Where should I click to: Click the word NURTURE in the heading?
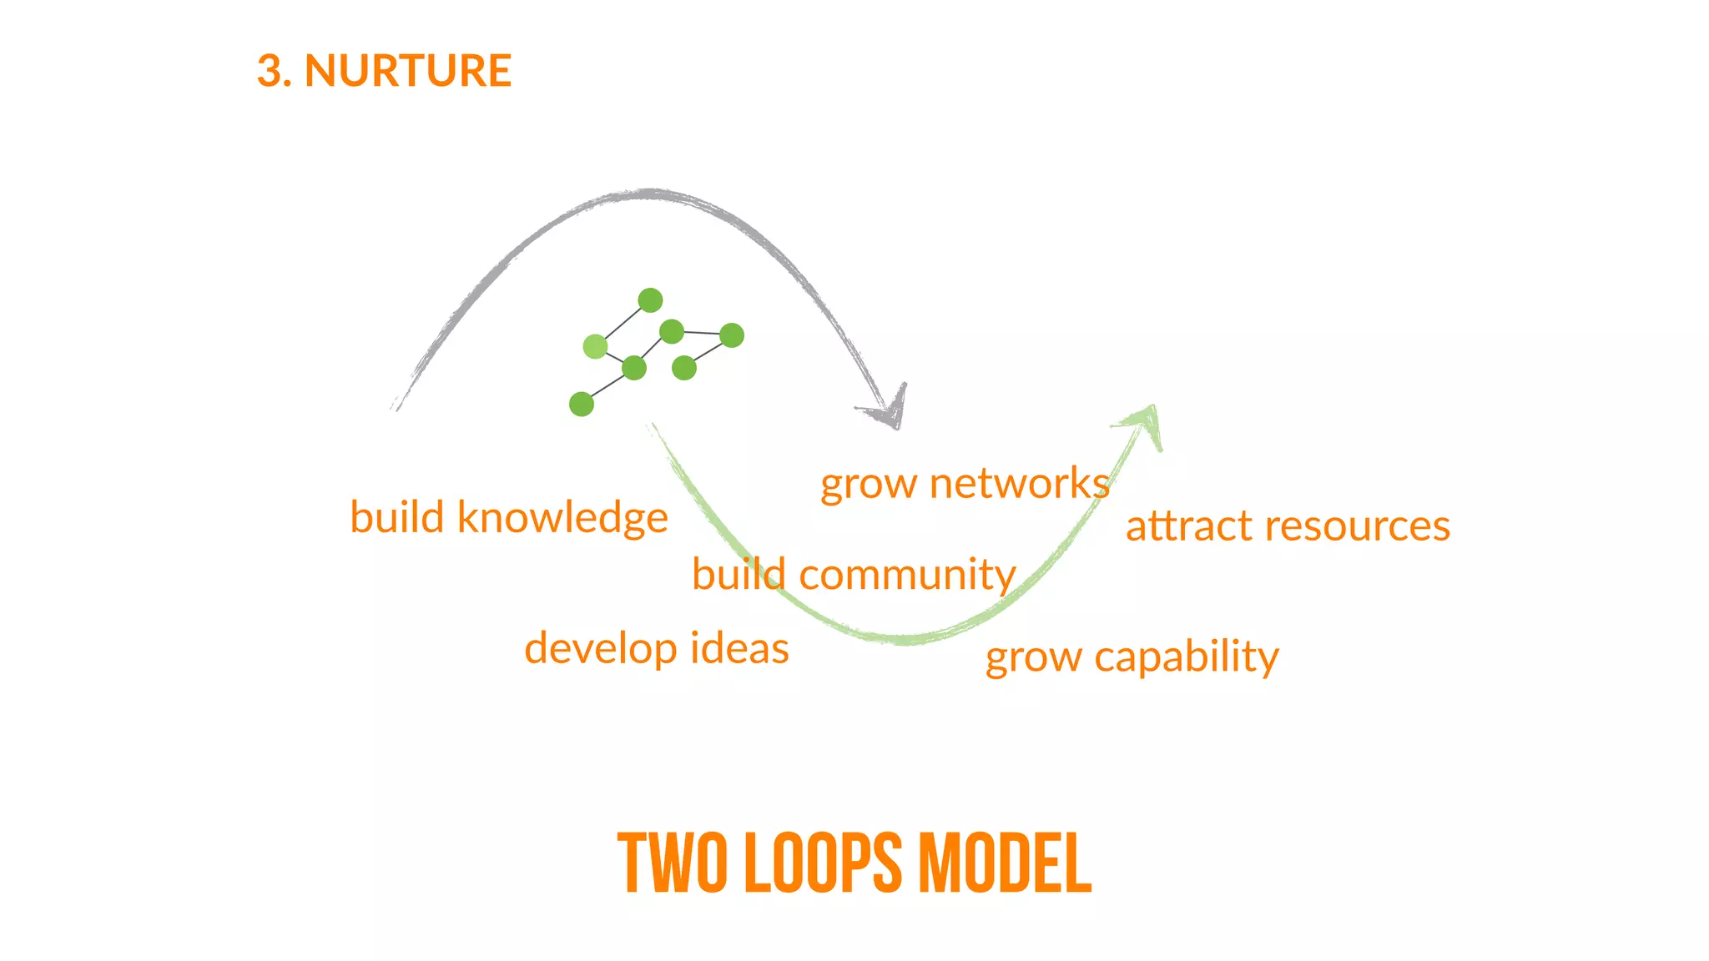pyautogui.click(x=407, y=70)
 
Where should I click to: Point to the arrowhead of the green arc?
pyautogui.click(x=1147, y=421)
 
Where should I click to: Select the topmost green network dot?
pyautogui.click(x=650, y=299)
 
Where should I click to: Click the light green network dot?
pyautogui.click(x=595, y=345)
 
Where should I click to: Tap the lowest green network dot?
pyautogui.click(x=582, y=405)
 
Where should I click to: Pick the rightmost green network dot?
pyautogui.click(x=732, y=335)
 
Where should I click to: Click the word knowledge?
pyautogui.click(x=562, y=518)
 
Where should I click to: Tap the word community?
pyautogui.click(x=907, y=576)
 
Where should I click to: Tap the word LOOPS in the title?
pyautogui.click(x=823, y=863)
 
